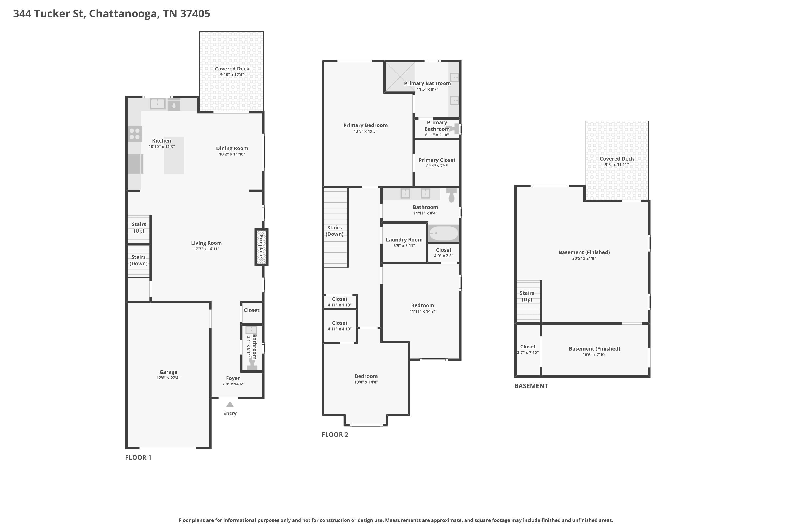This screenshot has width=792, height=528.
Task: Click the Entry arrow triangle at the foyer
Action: pos(230,404)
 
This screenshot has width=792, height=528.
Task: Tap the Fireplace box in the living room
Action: pos(261,247)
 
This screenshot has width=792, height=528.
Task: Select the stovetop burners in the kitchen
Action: pos(135,134)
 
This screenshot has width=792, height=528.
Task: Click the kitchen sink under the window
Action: pos(158,104)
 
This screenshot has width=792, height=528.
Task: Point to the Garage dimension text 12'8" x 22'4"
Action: pos(168,378)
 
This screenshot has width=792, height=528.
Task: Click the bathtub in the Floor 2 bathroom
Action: pos(444,233)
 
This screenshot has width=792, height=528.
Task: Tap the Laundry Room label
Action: pos(404,239)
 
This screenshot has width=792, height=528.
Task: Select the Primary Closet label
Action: pos(437,160)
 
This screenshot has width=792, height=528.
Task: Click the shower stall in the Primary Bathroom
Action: pos(400,77)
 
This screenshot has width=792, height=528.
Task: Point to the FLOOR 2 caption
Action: pos(335,434)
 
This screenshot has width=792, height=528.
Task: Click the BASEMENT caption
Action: pos(531,386)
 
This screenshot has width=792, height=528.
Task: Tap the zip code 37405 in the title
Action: pos(195,13)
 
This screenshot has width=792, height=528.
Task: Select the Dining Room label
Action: pos(232,148)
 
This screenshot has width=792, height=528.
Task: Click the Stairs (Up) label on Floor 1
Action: pos(139,227)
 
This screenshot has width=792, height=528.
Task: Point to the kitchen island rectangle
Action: pos(174,155)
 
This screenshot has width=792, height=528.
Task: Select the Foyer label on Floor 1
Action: pos(233,378)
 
